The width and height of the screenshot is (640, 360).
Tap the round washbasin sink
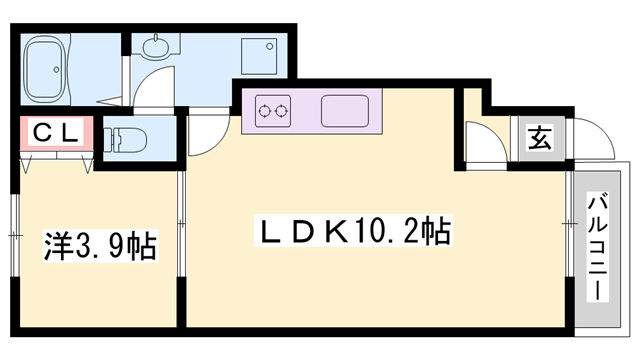point(159,47)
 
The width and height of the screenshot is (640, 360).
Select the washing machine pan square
point(263,56)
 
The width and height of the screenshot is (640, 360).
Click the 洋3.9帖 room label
point(100,245)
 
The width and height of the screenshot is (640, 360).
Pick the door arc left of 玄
point(484,140)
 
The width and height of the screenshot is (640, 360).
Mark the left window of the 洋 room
point(17,235)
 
